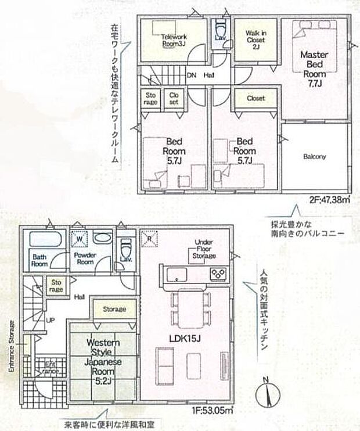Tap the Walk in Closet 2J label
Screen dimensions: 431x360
click(255, 40)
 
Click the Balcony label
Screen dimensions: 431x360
click(315, 156)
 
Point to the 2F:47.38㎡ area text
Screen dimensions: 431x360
click(330, 200)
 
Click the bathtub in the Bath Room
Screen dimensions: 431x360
click(41, 239)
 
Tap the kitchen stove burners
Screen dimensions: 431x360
click(219, 273)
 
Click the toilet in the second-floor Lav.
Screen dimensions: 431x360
click(220, 29)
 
